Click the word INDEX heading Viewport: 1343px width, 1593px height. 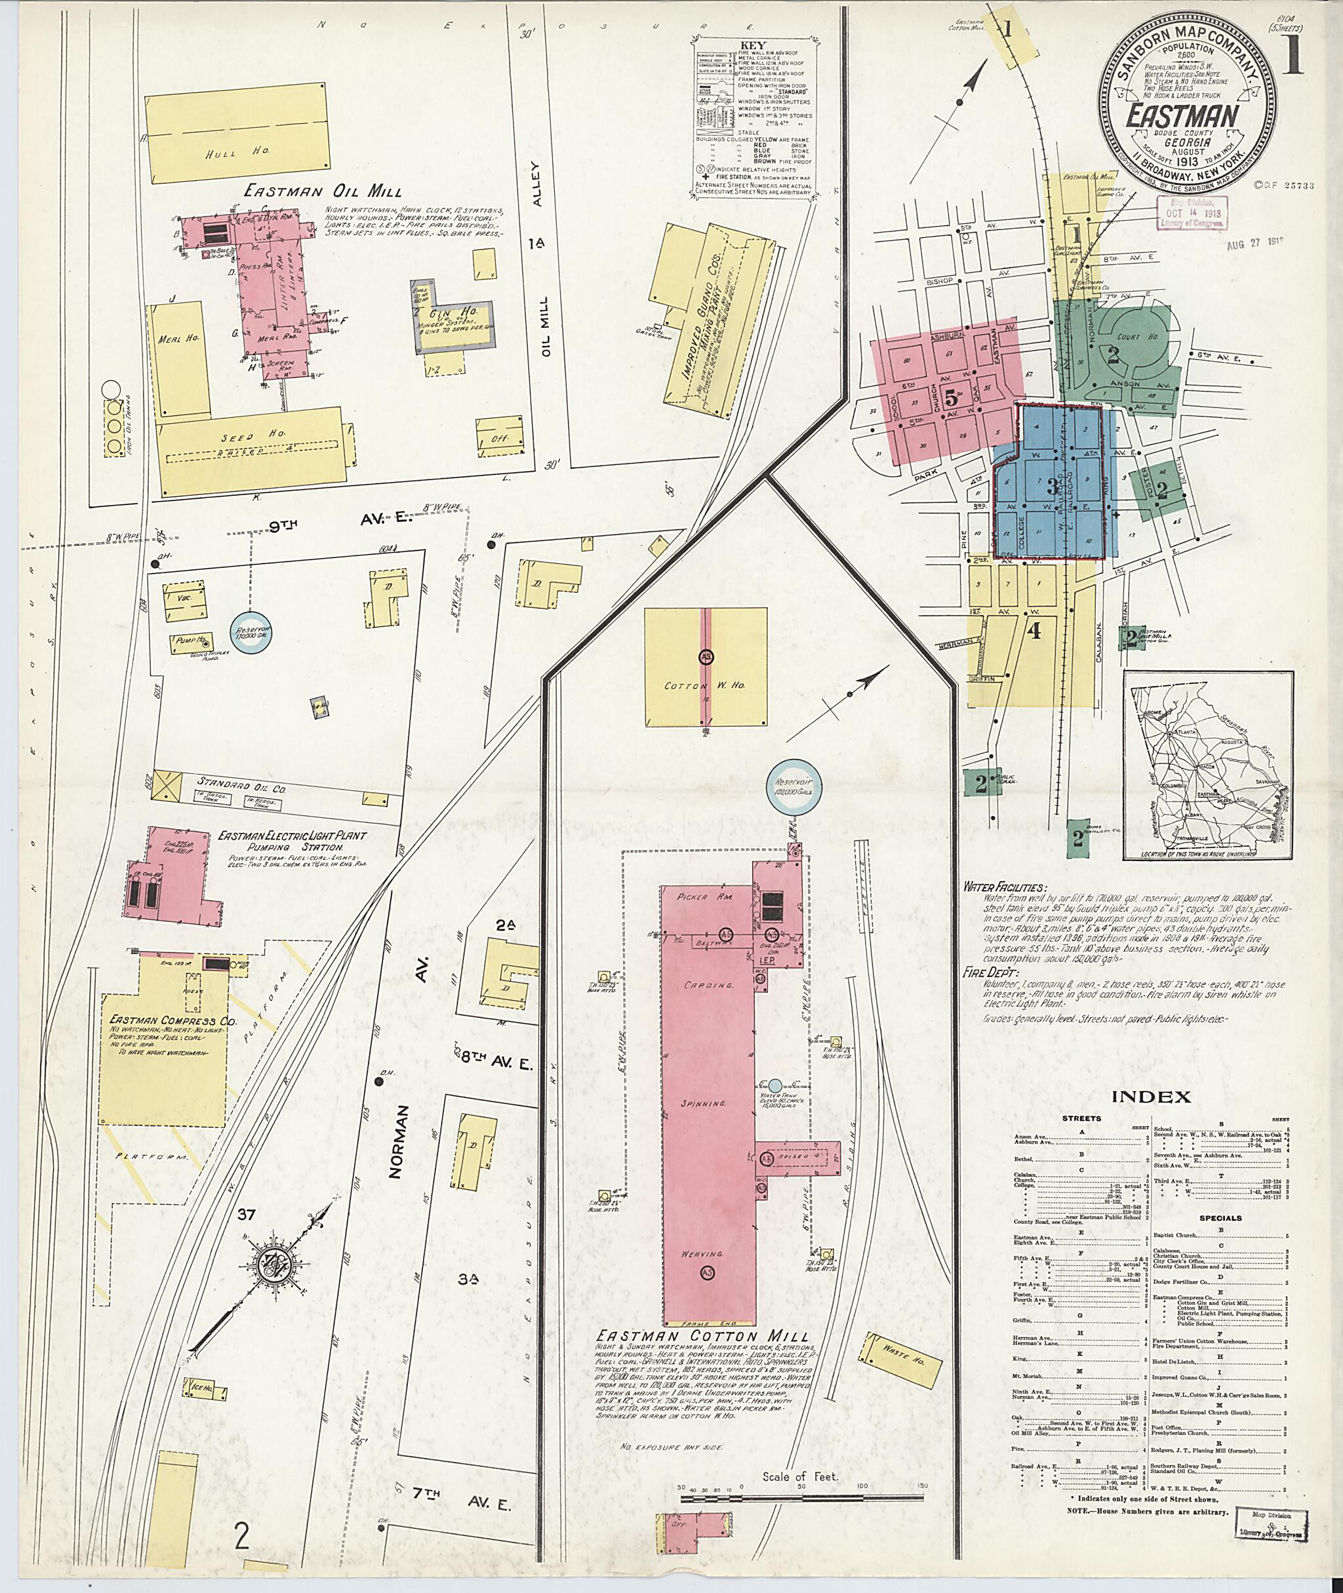click(1151, 1097)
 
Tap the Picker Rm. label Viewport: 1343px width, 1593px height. click(708, 898)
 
